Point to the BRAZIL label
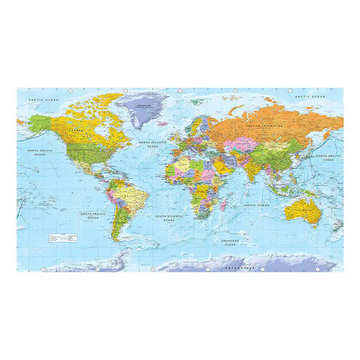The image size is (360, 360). tap(130, 197)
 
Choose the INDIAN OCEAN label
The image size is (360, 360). tap(257, 205)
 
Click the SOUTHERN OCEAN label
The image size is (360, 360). tap(230, 243)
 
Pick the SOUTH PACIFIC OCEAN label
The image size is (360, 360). tap(93, 216)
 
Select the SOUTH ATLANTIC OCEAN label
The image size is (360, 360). tap(169, 218)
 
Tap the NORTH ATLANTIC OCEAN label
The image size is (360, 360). tap(153, 144)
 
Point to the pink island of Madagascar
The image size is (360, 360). tap(223, 205)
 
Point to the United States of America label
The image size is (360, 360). tap(81, 150)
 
